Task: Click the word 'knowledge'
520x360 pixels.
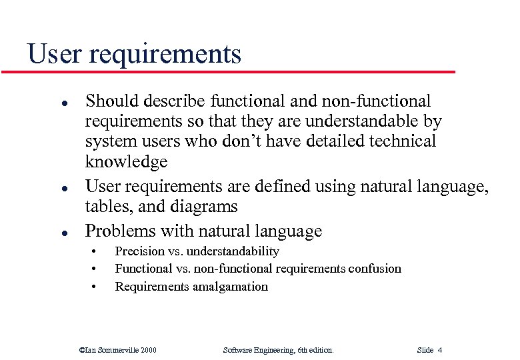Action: [126, 162]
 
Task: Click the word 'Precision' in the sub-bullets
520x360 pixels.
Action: [139, 251]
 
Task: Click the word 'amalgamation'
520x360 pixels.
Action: [230, 287]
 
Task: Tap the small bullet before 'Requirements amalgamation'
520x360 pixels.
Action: [94, 287]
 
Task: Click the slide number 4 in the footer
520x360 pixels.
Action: [440, 349]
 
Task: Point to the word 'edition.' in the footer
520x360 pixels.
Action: [318, 349]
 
